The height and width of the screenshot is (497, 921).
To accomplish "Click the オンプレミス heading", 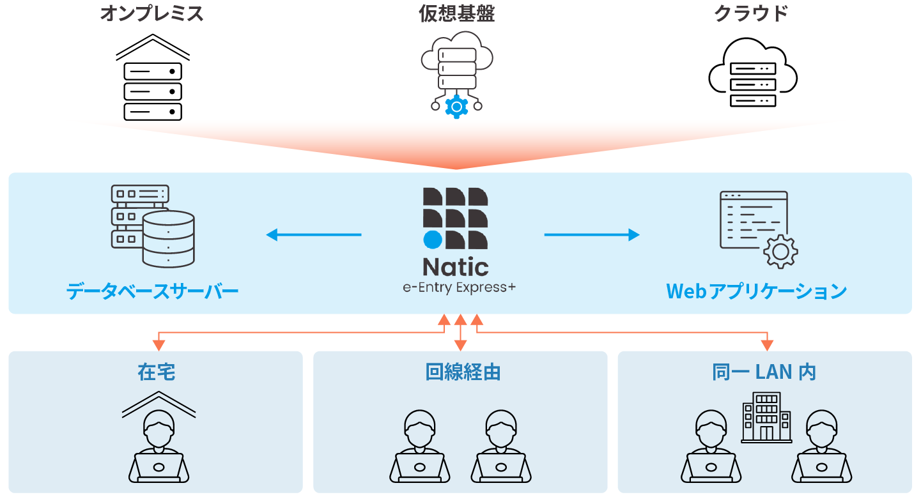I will click(x=152, y=13).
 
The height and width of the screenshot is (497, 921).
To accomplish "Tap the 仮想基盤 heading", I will click(x=456, y=13).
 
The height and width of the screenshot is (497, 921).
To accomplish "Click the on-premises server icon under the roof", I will click(x=153, y=91).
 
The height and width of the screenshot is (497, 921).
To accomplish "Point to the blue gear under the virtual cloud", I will click(x=456, y=107).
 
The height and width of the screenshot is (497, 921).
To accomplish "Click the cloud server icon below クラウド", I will click(x=752, y=84).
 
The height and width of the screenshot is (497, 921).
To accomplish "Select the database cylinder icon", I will click(x=168, y=239).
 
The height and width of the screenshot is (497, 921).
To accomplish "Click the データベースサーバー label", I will click(x=153, y=292).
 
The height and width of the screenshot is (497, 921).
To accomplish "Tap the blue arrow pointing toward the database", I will click(x=313, y=235).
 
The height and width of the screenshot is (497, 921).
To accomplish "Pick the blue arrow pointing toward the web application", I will click(x=592, y=235).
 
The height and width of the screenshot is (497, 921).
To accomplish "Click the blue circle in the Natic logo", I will click(x=433, y=240).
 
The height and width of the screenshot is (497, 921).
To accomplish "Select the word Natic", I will click(x=456, y=267).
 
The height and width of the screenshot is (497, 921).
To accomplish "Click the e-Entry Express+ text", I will click(x=459, y=287).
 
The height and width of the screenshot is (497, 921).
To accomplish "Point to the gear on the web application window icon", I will click(x=780, y=251).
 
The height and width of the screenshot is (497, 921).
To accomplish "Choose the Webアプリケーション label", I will click(x=756, y=291).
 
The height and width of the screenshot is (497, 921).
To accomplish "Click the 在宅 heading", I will click(x=156, y=372).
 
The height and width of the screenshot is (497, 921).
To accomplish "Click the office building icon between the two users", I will click(x=766, y=417).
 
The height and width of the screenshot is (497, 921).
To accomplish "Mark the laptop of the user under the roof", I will click(x=159, y=467).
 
